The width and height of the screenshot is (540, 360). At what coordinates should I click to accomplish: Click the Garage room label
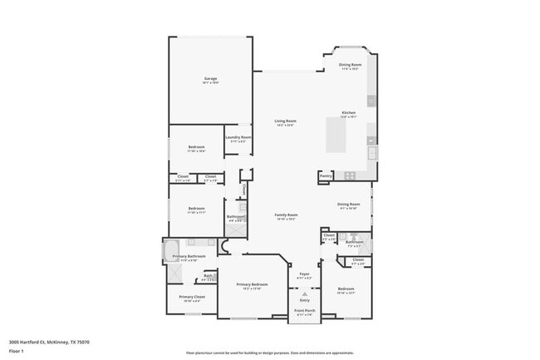[211, 79]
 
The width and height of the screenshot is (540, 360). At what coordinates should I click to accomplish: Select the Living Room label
[286, 121]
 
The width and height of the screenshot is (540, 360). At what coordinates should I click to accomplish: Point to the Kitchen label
[349, 113]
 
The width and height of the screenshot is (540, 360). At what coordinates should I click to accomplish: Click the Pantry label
[326, 175]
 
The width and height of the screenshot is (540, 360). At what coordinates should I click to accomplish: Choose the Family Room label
[287, 215]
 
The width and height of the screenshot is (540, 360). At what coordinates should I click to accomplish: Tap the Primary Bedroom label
[252, 284]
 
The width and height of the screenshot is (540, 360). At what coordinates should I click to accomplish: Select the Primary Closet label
[192, 297]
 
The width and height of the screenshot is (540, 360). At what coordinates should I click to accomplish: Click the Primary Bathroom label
[189, 257]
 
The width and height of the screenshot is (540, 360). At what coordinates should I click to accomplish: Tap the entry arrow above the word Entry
[304, 293]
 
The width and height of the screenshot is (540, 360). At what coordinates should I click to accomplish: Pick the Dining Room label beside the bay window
[350, 65]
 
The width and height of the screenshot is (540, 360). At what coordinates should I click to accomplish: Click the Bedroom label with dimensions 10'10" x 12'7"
[346, 289]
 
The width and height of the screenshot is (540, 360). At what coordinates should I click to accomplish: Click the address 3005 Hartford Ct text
[49, 342]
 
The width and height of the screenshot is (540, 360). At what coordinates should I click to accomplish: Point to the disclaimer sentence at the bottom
[270, 353]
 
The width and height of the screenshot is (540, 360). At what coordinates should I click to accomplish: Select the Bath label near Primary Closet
[209, 276]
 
